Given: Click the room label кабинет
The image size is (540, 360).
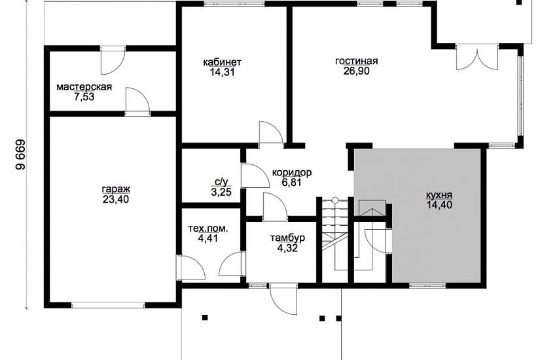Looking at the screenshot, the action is coord(222,62).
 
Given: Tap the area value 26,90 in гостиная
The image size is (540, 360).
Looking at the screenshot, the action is coord(357,71).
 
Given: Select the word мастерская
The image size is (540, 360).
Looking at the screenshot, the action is coord(84,87).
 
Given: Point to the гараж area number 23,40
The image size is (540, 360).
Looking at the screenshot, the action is coord(116,199).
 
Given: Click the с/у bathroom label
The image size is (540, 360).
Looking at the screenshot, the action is coord(221,181).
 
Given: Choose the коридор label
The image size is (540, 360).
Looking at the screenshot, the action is coord(292,172).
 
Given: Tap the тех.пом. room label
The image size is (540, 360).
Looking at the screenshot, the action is coord(208,228).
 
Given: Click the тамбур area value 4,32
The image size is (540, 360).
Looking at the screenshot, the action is coord(287,247).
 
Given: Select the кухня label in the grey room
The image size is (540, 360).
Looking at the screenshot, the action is coord(439,195).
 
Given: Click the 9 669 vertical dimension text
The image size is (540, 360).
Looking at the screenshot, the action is coord(20,154).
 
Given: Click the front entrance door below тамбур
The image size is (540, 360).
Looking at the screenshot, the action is coord(283,299).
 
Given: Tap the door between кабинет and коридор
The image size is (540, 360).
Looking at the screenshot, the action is coord(272,133).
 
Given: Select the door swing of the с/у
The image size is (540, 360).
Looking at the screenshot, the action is coord(255,175).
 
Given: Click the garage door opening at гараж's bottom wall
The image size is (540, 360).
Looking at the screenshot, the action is coord(108,305).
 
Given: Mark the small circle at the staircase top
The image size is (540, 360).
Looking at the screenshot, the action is coord(334,200).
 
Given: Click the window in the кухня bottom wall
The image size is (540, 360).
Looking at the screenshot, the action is coord(427,285).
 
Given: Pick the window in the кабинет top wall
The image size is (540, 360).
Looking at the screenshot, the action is coord(234,4).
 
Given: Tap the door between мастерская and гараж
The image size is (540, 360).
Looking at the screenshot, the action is coord(137,101).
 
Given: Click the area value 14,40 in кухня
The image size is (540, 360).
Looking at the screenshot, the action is coord(439,205).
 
